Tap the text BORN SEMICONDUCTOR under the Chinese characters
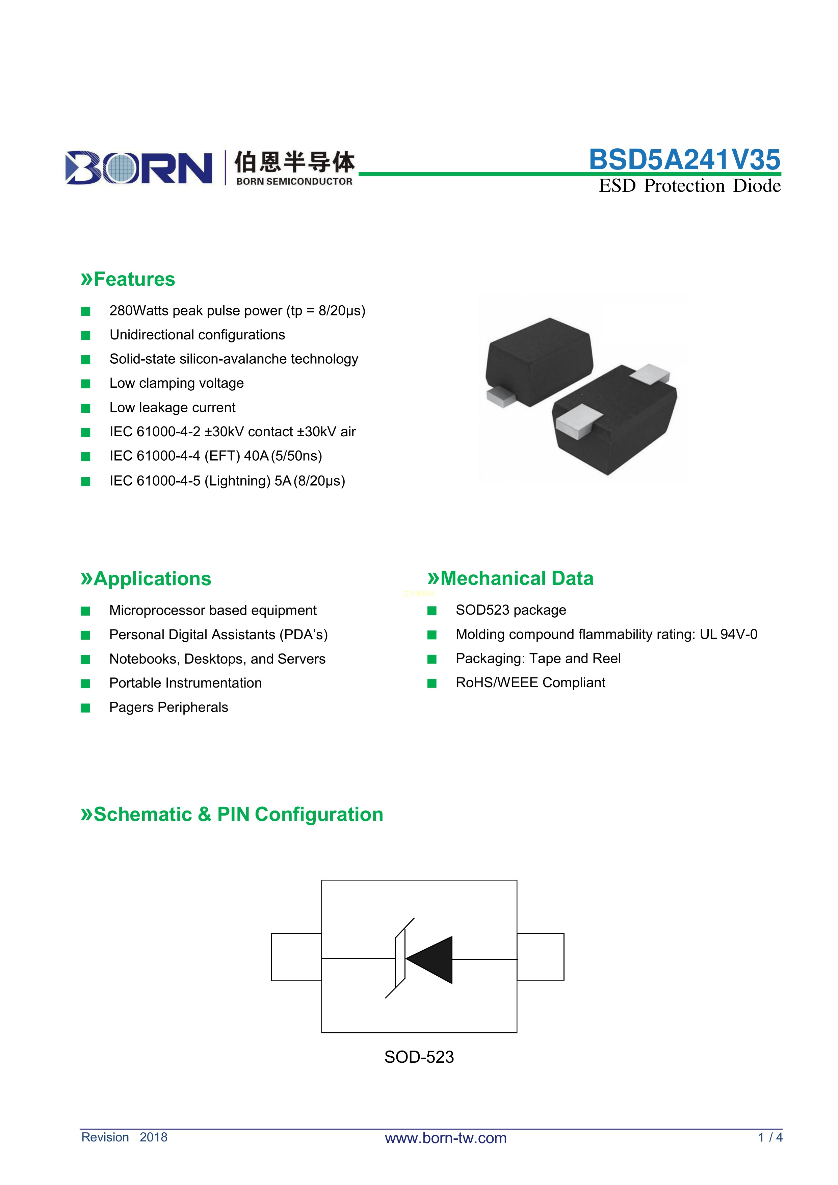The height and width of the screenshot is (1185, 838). coord(294,182)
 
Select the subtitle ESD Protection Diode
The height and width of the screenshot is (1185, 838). coord(689,186)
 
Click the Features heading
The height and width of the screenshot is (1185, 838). coord(128,279)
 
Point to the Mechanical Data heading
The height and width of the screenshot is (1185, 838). coord(510,578)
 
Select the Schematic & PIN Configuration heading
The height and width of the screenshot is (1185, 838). coord(232,815)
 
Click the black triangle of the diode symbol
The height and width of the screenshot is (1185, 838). coord(429,960)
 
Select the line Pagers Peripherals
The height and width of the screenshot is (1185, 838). coord(169,707)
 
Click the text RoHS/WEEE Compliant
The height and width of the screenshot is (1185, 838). coord(530,683)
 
